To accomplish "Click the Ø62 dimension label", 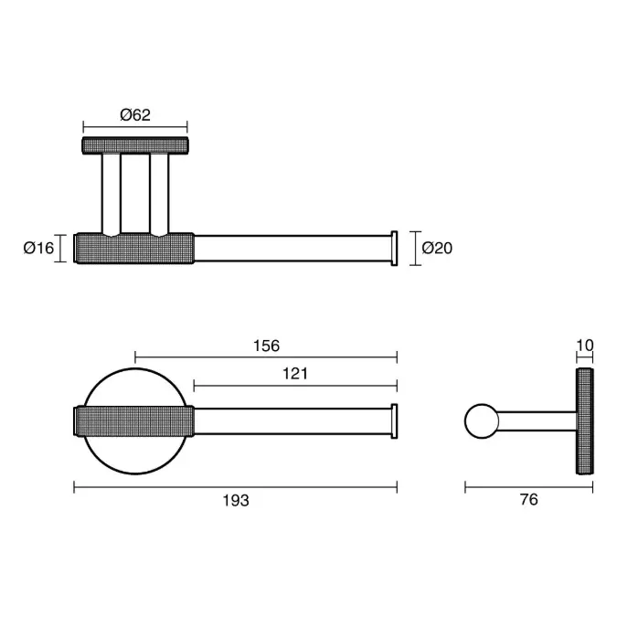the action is (135, 115).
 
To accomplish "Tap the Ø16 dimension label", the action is (38, 248).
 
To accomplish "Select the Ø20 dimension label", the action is (437, 248).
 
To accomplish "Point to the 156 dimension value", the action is (266, 346).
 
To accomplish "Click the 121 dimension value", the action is (295, 374).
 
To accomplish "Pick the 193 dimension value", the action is (236, 501).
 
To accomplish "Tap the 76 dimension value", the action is (528, 499).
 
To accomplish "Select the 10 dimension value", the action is (585, 346).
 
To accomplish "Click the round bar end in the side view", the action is (482, 421).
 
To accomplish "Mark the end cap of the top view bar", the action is (394, 249).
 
